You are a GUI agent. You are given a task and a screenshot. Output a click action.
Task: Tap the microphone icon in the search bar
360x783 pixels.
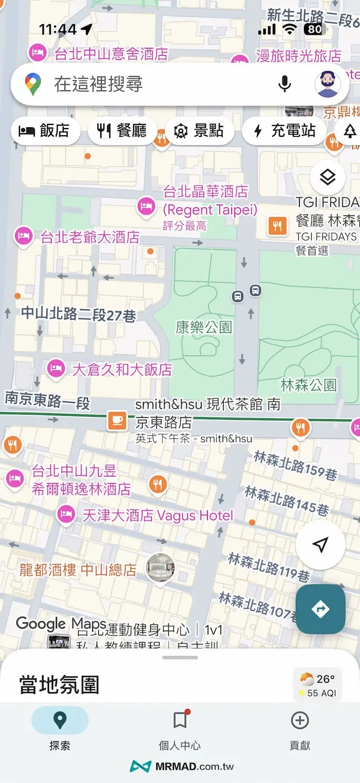point(284,83)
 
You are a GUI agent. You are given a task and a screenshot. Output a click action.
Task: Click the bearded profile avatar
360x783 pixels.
point(328,83)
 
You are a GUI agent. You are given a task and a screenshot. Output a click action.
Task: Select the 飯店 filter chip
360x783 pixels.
point(45,131)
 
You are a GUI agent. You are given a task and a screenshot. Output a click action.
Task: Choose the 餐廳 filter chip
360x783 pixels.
point(122,131)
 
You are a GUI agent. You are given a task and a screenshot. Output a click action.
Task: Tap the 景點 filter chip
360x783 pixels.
point(199,131)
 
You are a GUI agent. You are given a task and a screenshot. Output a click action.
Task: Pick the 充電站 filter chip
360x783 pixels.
point(284,131)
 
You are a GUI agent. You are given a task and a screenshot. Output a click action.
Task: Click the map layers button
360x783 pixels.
point(328,177)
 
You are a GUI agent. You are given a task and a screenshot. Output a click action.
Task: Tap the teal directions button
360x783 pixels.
point(320,609)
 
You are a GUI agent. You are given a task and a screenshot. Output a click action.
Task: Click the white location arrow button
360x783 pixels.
point(320,545)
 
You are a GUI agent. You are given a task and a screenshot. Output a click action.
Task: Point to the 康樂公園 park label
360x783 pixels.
point(204,327)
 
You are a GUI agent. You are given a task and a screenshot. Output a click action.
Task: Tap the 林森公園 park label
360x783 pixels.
point(309,384)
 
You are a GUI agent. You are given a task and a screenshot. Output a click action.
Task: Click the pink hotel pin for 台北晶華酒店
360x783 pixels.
point(146,207)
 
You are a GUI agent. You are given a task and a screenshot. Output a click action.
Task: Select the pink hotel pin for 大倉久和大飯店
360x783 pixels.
point(55,368)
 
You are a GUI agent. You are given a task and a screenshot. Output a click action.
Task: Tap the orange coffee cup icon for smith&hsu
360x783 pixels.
point(117,421)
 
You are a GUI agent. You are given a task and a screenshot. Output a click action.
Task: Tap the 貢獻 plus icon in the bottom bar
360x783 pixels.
point(299,721)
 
